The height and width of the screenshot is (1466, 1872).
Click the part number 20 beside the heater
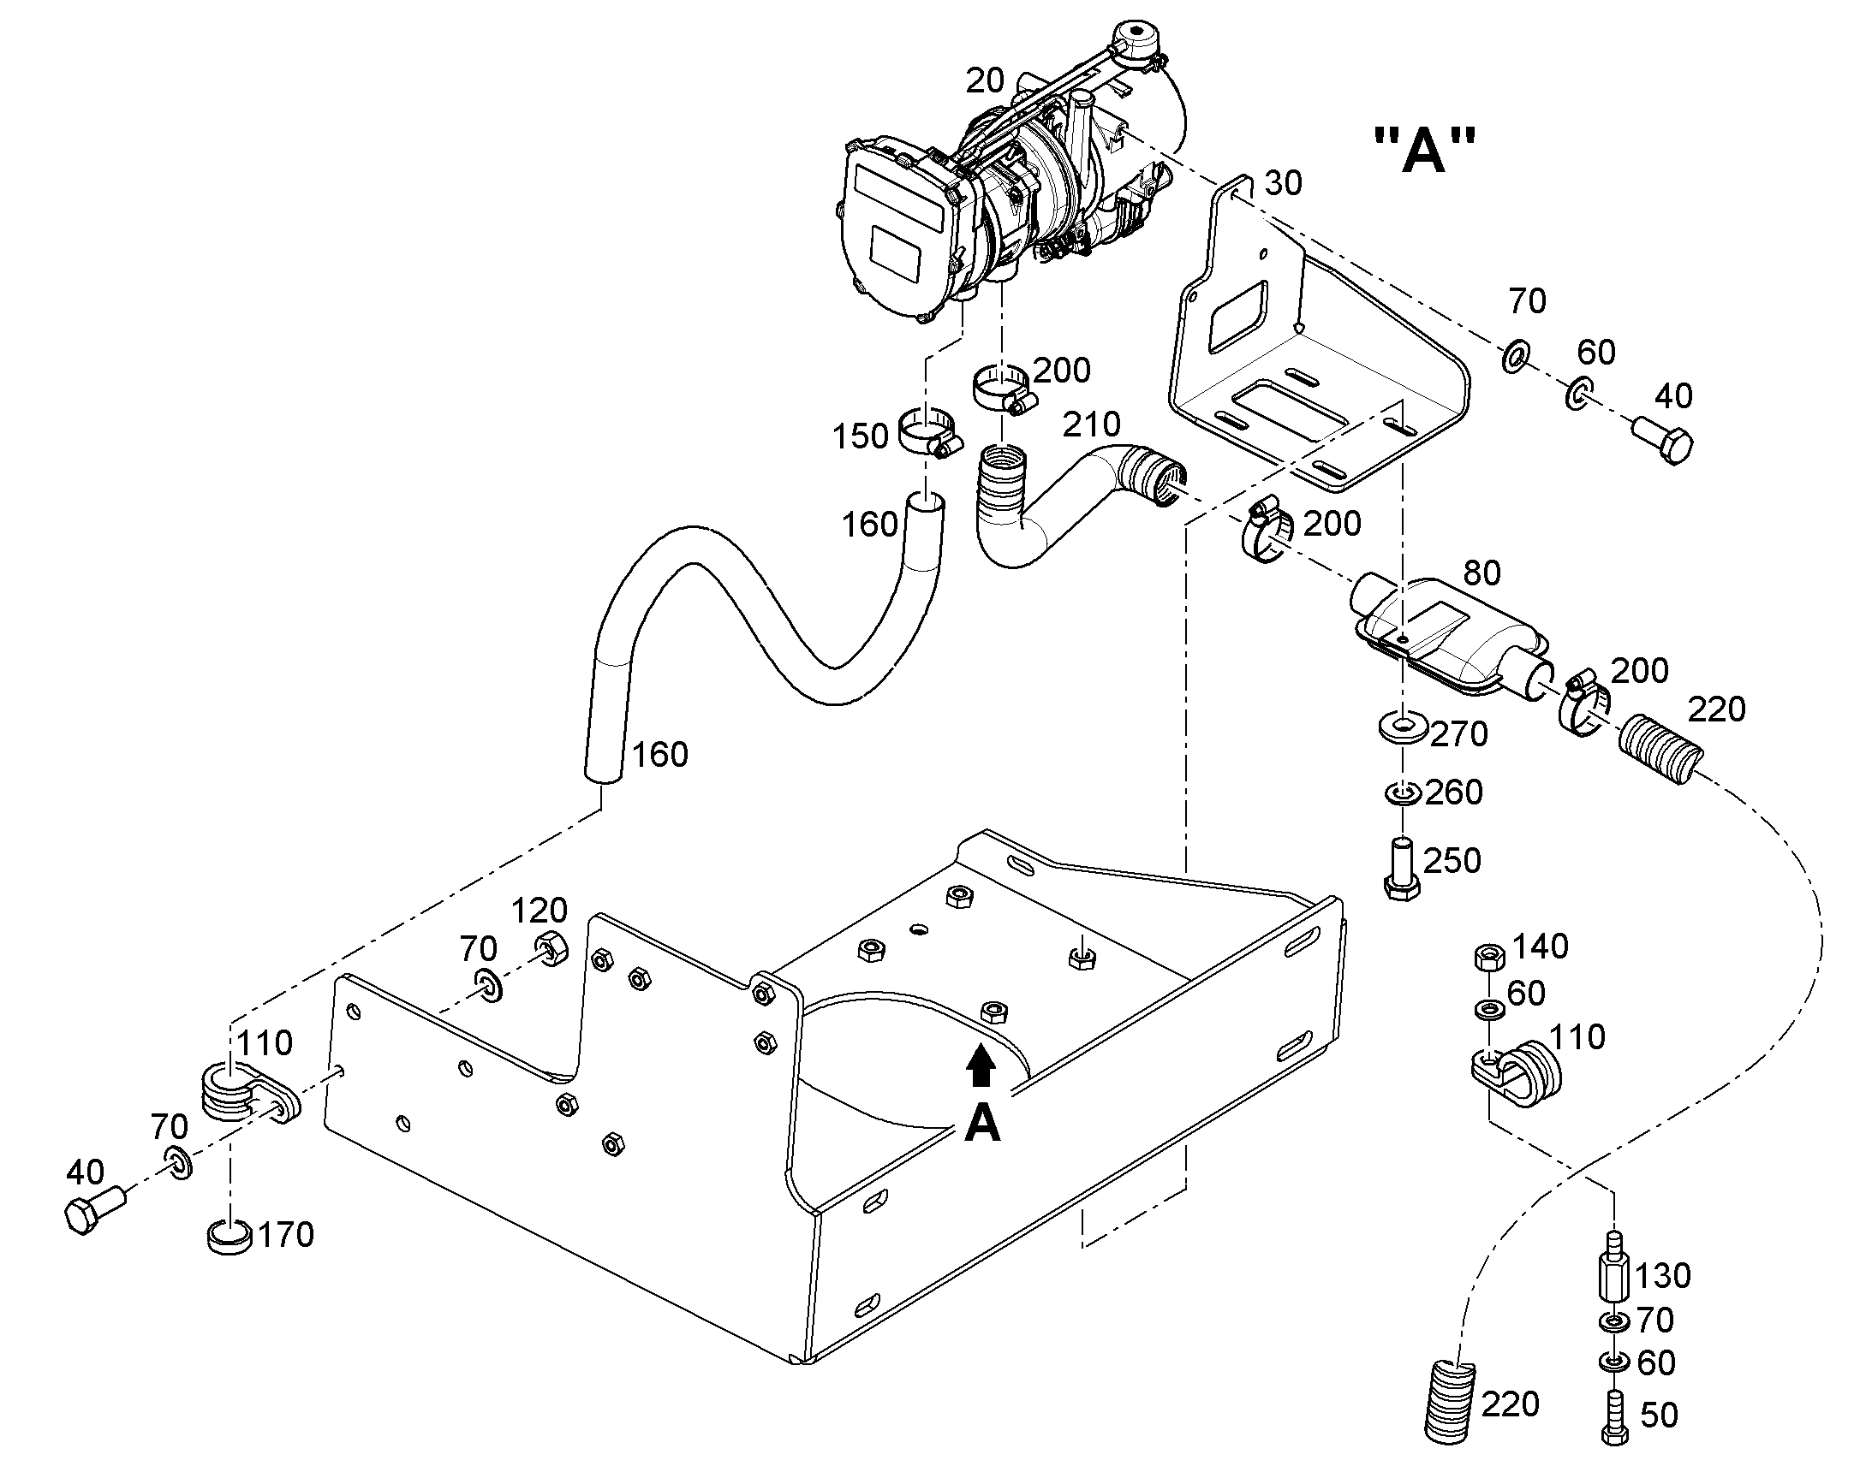point(985,80)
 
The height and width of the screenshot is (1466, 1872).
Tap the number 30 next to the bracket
point(1283,183)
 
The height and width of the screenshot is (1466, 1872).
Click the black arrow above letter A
point(981,1070)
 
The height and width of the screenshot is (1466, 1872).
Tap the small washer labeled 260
point(1401,792)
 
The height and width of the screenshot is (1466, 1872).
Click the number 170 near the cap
point(286,1234)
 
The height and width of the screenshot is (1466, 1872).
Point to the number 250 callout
point(1453,860)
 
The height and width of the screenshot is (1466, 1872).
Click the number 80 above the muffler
point(1482,573)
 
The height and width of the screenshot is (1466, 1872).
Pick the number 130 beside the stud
point(1662,1275)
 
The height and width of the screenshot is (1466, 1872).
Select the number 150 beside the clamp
point(860,436)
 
